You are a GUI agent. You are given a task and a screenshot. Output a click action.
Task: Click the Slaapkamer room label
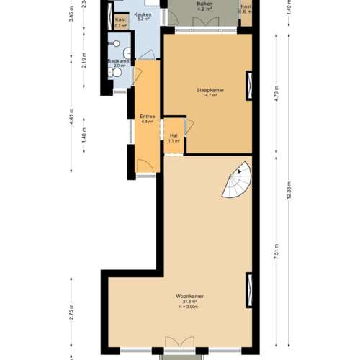tap(210, 90)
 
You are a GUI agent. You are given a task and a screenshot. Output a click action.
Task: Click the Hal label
tap(174, 135)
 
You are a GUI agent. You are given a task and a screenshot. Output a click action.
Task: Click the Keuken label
tap(142, 14)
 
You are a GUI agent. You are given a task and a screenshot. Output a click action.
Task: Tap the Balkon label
tap(204, 4)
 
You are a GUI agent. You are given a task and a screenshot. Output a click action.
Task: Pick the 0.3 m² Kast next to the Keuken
tap(120, 22)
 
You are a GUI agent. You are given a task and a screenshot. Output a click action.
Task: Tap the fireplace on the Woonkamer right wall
tap(249, 288)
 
